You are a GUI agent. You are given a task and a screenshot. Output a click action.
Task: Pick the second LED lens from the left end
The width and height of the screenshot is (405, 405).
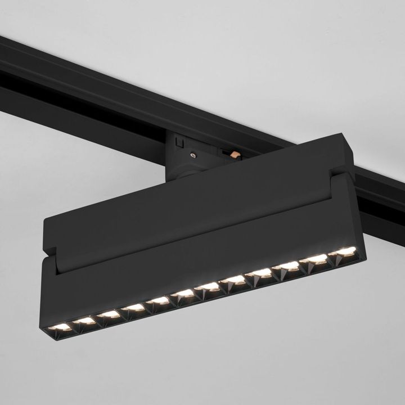click(84, 321)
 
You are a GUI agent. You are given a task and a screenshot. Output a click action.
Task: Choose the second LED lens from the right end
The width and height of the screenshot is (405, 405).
click(317, 259)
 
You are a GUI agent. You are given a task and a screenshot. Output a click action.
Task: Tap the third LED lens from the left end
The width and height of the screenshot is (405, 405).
click(110, 314)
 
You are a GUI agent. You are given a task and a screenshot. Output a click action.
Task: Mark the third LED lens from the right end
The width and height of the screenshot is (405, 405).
click(289, 266)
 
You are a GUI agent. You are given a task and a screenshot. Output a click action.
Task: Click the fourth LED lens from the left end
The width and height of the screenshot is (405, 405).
click(135, 308)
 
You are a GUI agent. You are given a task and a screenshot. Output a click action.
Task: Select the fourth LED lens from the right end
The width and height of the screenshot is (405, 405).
click(262, 273)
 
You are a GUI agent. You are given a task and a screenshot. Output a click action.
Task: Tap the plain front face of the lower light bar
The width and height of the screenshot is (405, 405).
click(197, 253)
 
